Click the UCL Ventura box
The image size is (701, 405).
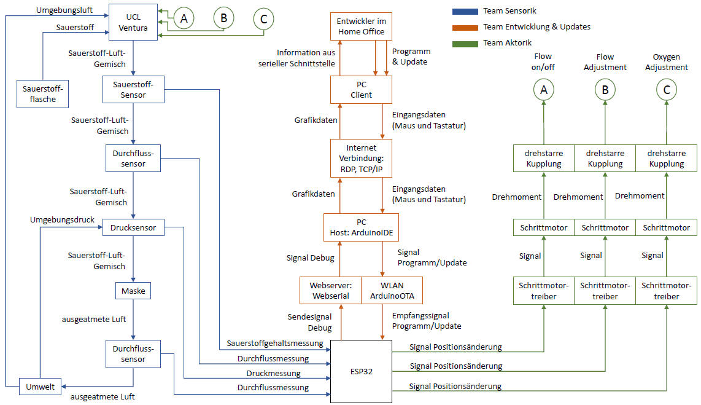click(133, 22)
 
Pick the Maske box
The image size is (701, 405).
click(133, 291)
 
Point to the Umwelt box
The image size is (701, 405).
click(40, 387)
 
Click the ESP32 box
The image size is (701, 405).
click(361, 371)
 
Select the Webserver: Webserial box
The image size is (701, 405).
click(330, 291)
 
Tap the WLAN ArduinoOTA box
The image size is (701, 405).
click(392, 291)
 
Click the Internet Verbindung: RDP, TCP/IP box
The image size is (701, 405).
click(361, 159)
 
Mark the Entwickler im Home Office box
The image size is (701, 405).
click(361, 26)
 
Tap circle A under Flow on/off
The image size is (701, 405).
click(543, 90)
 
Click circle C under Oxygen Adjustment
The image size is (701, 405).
click(667, 90)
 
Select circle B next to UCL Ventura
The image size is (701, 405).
click(223, 18)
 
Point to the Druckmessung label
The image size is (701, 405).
click(274, 373)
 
